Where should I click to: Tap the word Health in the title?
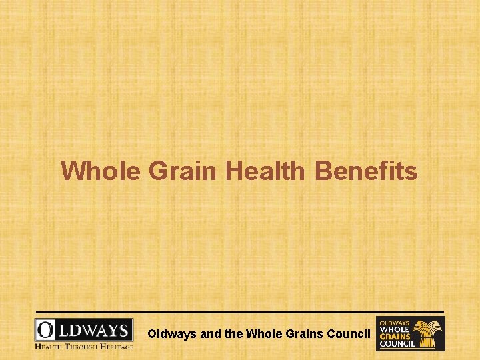click(x=264, y=171)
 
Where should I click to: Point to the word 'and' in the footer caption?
click(x=211, y=333)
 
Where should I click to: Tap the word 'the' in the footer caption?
click(x=234, y=333)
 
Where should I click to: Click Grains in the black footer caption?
click(x=303, y=333)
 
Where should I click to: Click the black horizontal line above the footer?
click(x=240, y=311)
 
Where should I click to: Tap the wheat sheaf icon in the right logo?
click(x=427, y=333)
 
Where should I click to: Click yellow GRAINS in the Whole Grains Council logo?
click(x=394, y=337)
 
